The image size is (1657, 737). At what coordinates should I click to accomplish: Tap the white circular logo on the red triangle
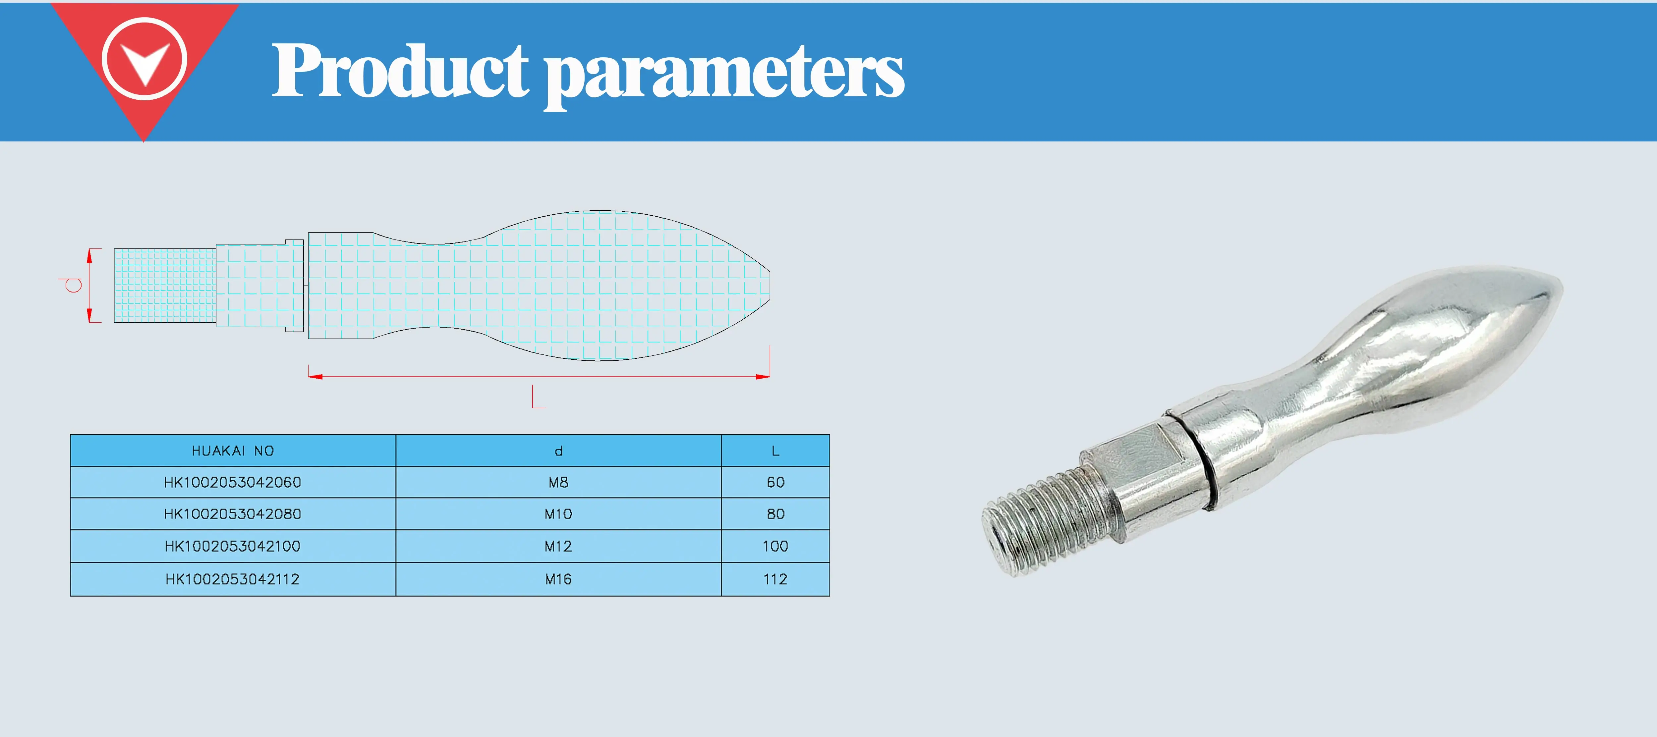click(x=144, y=59)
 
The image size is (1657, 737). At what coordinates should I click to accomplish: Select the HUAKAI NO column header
click(x=233, y=451)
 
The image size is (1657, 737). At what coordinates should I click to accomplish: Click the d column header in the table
click(x=558, y=451)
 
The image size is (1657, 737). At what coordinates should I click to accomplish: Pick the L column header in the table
click(x=775, y=451)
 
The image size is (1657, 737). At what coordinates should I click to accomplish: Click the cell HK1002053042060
click(x=233, y=482)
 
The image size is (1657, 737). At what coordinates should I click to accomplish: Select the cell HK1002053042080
click(x=233, y=514)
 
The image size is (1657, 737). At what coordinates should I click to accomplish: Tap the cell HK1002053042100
click(x=233, y=546)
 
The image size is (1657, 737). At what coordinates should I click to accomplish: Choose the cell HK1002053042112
click(x=233, y=579)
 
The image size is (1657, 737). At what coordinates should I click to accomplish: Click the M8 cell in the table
click(x=558, y=482)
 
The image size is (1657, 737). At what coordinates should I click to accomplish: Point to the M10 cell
click(x=558, y=514)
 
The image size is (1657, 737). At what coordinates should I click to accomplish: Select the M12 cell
click(x=558, y=546)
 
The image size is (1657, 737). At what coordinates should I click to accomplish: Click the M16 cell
click(x=558, y=579)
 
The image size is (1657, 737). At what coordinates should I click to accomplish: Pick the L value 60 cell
click(x=775, y=482)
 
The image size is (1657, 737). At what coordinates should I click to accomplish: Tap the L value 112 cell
click(x=775, y=579)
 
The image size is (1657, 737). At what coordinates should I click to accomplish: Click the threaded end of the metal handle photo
click(x=1036, y=524)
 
